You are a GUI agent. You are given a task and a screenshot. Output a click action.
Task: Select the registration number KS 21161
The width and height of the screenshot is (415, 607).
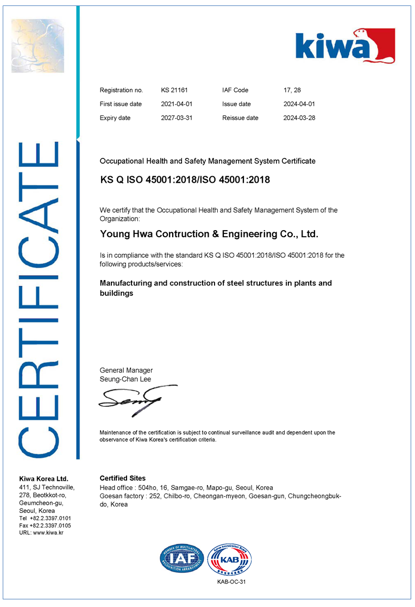pos(174,90)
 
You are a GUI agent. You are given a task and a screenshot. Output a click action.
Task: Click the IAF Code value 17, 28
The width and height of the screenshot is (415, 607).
pos(292,90)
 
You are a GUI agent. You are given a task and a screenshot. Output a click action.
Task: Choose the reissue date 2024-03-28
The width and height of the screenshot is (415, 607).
pos(299,118)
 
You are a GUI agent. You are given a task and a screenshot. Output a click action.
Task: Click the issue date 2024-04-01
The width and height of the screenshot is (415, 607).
pos(299,104)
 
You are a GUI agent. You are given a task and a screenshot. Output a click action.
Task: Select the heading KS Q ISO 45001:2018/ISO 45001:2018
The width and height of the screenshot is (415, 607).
pos(185,180)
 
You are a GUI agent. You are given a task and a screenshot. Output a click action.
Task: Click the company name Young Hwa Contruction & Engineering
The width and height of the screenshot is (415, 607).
pos(209,234)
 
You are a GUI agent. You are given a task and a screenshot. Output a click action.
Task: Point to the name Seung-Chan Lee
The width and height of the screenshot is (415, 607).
pos(125,379)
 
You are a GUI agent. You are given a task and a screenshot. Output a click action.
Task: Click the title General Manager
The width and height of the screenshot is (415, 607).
pos(126,370)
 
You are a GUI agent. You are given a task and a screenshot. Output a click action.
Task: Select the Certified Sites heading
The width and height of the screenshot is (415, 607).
pos(123,478)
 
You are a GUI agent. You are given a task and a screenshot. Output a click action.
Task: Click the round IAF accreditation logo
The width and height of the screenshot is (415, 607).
pos(181,559)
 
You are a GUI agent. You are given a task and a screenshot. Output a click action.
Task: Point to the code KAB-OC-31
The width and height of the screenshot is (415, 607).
pos(231,582)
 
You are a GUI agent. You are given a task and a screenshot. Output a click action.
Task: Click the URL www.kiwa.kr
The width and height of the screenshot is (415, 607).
pos(48,532)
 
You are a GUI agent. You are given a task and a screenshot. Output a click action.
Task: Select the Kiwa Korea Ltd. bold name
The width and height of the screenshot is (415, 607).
pos(43,479)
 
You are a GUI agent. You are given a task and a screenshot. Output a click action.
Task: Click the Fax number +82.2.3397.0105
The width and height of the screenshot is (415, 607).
pos(51,525)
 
